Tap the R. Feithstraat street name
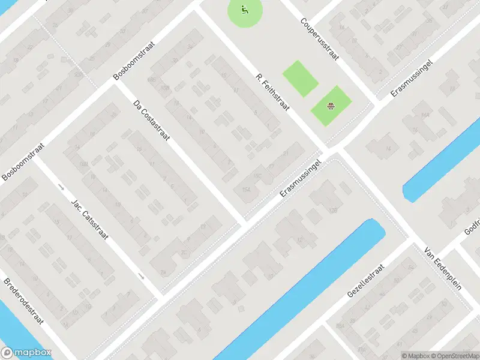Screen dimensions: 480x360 point(273,94)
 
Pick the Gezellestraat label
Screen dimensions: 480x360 point(368,281)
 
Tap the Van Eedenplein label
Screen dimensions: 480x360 point(443,268)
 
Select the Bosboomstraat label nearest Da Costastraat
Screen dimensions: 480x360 point(134,61)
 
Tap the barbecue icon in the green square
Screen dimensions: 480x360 point(331,107)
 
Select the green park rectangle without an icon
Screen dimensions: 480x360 point(300,78)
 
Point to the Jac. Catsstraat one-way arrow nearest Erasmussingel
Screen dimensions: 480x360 point(140,277)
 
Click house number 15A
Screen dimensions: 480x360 point(246,190)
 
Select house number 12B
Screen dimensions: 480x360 point(334,209)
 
